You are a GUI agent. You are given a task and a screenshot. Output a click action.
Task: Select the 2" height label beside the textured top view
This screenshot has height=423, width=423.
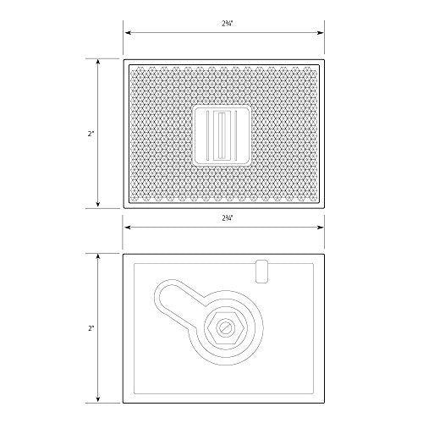pyautogui.click(x=88, y=133)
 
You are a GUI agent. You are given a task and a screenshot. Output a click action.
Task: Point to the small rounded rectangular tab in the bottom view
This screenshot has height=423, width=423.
pyautogui.click(x=261, y=271)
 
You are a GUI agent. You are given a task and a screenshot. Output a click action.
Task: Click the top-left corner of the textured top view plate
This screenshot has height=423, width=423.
pyautogui.click(x=125, y=61)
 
